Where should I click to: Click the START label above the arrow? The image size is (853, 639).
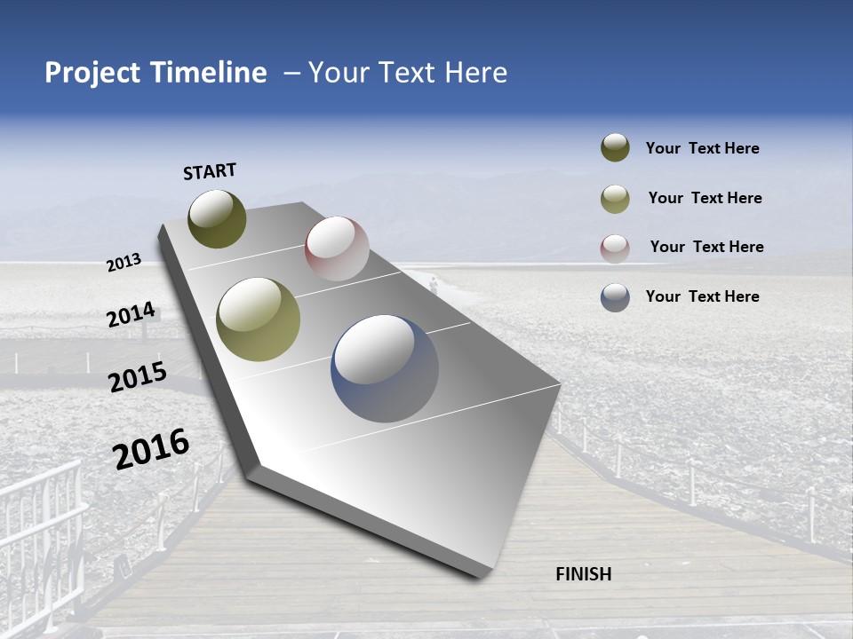210,171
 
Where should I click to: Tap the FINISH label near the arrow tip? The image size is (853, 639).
583,574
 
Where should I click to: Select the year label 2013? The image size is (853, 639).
124,262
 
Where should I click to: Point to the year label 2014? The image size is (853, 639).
131,314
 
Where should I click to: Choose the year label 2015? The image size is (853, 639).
138,376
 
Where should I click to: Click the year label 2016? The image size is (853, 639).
151,448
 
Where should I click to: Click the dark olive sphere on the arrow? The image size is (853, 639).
217,218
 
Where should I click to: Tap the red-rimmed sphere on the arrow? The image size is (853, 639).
337,248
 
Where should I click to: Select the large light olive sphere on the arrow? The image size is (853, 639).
258,319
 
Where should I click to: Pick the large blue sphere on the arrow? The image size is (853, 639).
385,368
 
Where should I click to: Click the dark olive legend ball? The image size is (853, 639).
615,148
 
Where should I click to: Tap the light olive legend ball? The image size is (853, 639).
615,199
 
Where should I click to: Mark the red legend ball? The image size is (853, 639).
615,248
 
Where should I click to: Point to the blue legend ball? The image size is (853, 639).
615,297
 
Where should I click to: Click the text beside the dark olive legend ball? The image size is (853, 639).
702,148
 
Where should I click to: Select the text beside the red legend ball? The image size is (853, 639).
706,247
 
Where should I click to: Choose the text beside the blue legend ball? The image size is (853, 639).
702,296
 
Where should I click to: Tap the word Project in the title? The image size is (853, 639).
92,73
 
